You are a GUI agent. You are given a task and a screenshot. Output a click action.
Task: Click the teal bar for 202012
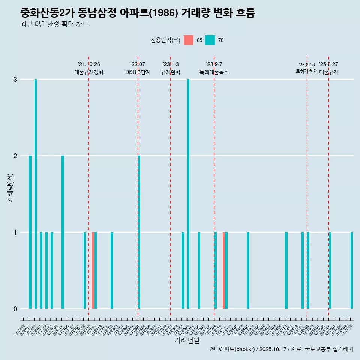click(x=36, y=194)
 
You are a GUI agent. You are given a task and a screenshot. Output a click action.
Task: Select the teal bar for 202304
click(x=188, y=194)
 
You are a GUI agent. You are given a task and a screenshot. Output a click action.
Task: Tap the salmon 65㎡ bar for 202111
click(x=93, y=270)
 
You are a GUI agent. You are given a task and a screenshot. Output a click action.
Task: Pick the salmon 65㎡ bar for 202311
click(x=224, y=270)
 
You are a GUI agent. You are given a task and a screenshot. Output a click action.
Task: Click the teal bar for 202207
click(x=139, y=232)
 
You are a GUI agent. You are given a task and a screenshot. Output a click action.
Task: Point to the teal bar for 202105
click(x=63, y=232)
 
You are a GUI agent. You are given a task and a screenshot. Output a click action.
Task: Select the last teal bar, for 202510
click(x=352, y=270)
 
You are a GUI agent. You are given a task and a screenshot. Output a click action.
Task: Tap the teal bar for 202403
click(x=248, y=270)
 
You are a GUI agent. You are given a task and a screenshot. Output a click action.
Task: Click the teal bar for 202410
click(x=286, y=270)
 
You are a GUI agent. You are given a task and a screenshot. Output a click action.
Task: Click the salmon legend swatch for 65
click(x=189, y=40)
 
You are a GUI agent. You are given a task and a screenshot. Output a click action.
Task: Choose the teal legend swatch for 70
click(x=210, y=40)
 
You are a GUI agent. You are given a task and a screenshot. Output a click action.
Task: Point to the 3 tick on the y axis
click(x=15, y=79)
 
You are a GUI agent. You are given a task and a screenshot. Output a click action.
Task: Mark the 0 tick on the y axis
click(x=15, y=309)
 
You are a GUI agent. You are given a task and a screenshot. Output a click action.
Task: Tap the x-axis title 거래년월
click(x=187, y=340)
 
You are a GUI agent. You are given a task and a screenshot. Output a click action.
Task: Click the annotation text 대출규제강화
click(x=89, y=72)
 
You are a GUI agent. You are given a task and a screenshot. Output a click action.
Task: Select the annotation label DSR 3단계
click(x=138, y=72)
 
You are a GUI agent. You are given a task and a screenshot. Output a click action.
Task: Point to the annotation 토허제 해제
click(x=307, y=71)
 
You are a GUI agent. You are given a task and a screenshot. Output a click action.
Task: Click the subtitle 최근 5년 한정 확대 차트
click(x=55, y=24)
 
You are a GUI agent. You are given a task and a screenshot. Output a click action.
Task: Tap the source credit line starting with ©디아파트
click(x=281, y=349)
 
